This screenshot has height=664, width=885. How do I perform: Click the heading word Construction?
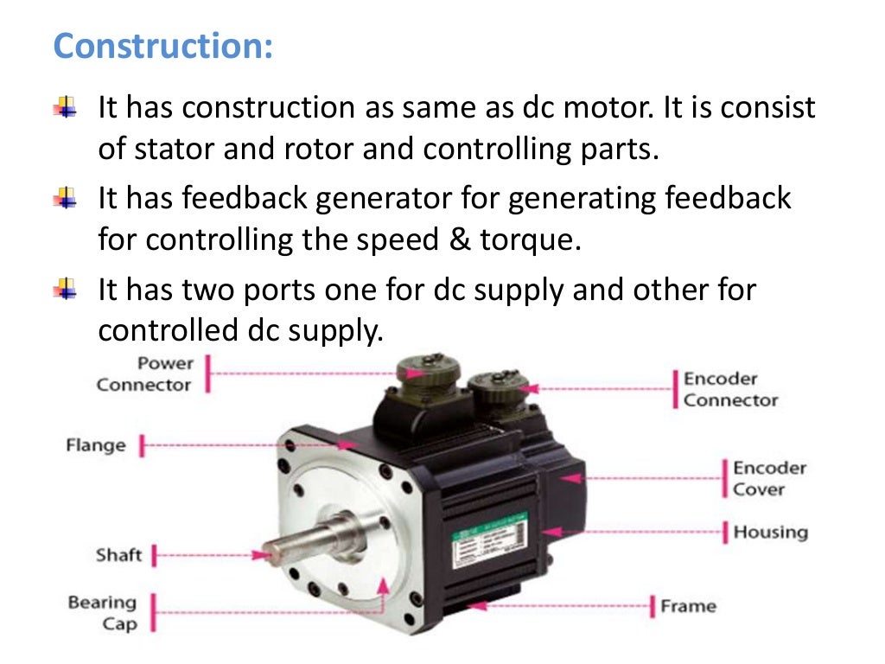(162, 46)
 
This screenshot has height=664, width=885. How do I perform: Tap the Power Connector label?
(143, 373)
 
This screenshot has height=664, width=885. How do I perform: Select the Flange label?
(96, 446)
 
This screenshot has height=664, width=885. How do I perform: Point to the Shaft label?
(118, 555)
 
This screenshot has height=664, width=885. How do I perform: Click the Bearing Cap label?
(103, 613)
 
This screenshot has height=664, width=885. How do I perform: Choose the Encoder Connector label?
(730, 390)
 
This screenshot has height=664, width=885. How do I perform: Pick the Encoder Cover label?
(769, 478)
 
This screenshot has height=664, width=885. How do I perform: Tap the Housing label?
(770, 532)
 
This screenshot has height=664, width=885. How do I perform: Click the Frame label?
(688, 606)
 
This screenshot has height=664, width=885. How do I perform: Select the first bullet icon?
(65, 108)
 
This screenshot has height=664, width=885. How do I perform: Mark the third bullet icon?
(65, 288)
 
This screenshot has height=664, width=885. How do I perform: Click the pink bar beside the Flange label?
(142, 446)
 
